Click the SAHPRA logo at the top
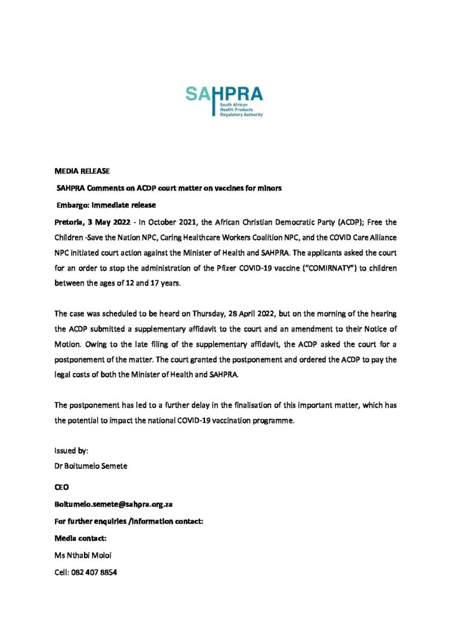click(225, 101)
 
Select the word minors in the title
click(269, 188)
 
